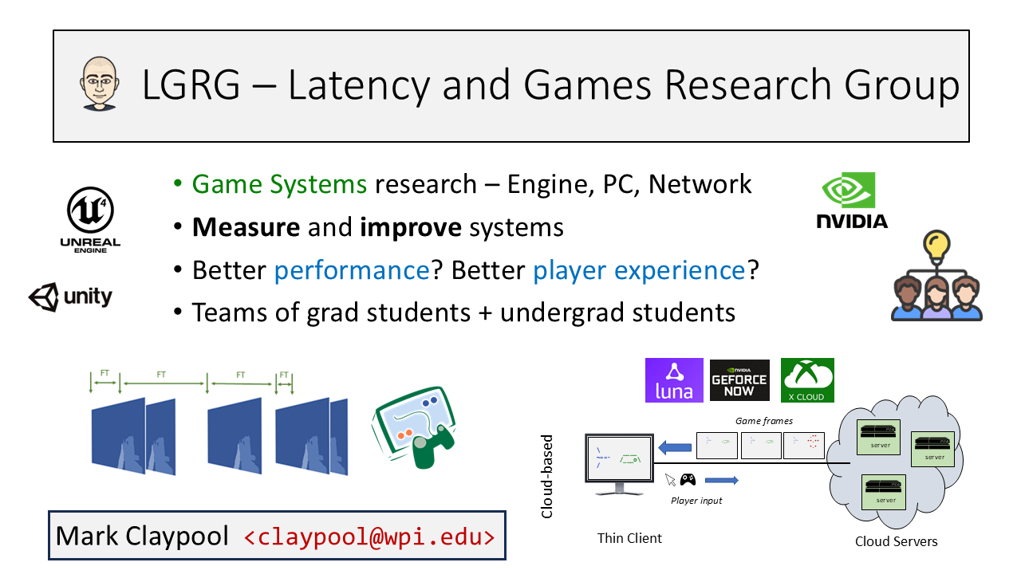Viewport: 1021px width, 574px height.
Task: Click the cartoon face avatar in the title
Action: point(98,84)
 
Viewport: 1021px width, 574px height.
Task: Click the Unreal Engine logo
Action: point(89,217)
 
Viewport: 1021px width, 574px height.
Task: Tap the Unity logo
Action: point(70,297)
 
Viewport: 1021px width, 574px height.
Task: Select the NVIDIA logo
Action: point(851,200)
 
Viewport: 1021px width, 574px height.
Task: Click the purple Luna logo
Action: point(673,379)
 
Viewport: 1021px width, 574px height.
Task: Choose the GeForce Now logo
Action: point(739,380)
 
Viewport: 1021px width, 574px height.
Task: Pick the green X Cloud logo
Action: point(807,380)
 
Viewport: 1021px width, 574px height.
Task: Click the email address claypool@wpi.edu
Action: point(369,536)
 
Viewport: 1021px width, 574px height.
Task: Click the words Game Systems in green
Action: point(279,184)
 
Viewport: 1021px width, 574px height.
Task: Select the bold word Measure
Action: point(246,227)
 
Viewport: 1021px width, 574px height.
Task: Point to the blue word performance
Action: point(352,270)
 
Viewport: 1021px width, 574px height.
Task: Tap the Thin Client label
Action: point(629,538)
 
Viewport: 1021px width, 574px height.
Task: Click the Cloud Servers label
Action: point(896,541)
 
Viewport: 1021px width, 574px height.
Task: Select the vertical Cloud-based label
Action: point(547,477)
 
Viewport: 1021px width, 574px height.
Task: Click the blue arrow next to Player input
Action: point(721,480)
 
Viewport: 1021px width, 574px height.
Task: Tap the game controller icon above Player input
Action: point(687,480)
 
